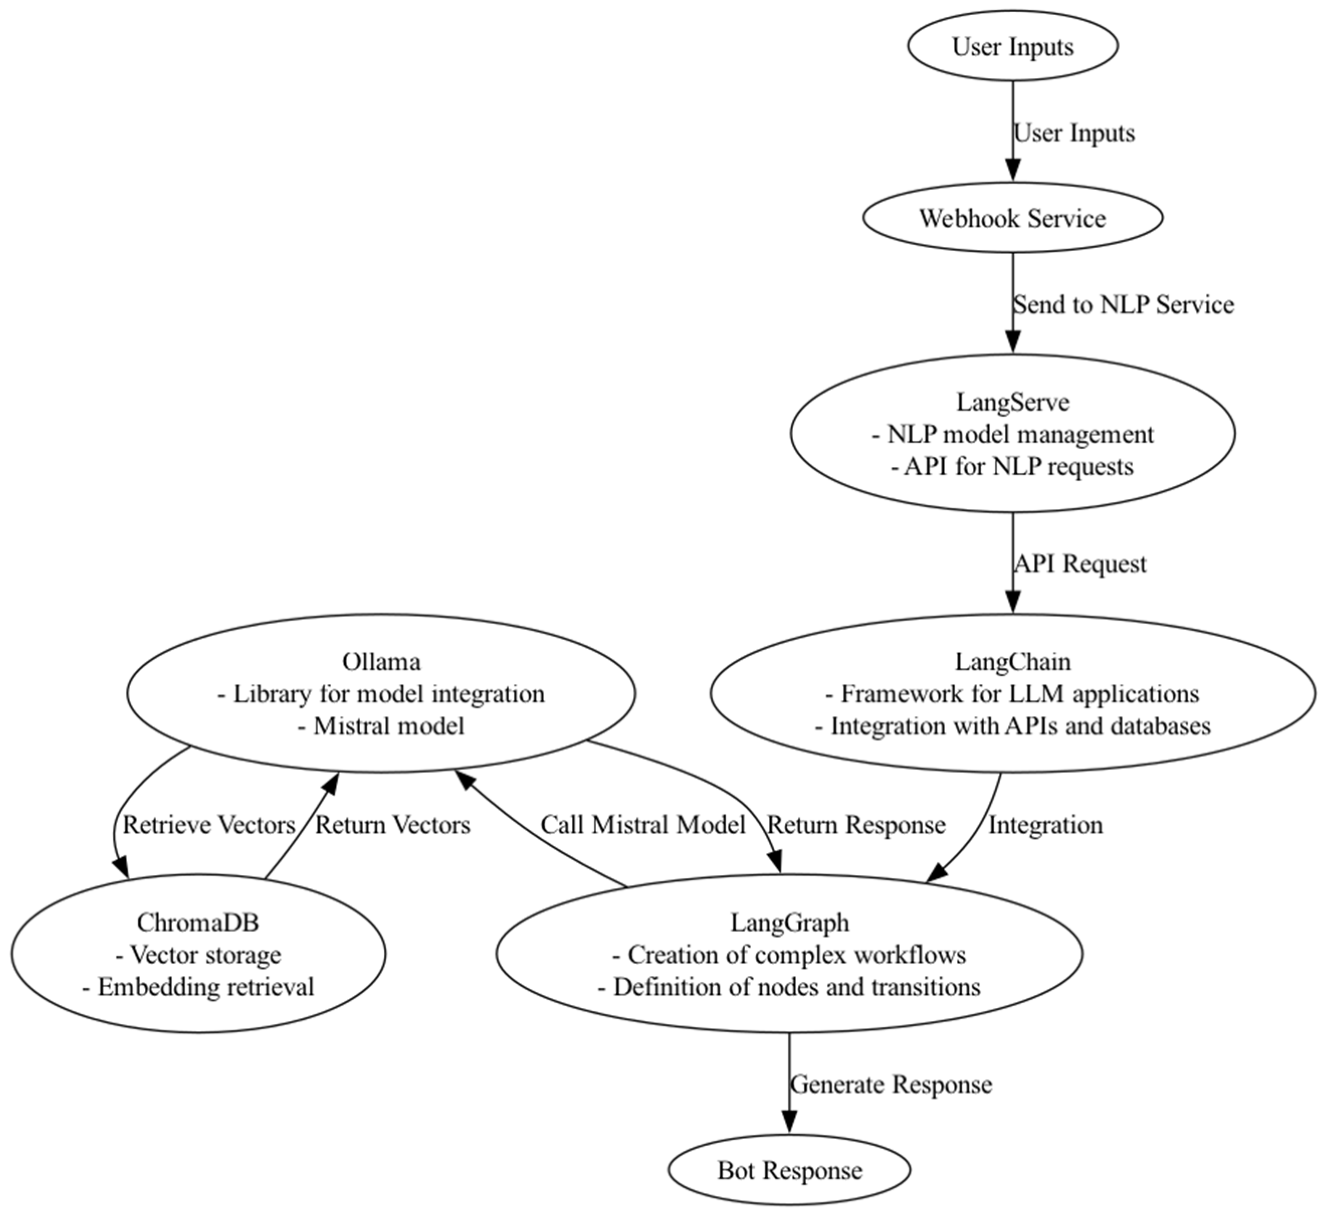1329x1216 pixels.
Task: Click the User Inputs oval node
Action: [x=1013, y=47]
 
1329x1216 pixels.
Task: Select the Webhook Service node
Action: [x=1013, y=218]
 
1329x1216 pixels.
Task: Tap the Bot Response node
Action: [x=789, y=1170]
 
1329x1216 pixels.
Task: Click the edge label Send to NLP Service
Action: [x=1123, y=305]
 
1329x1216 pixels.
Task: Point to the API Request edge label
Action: [x=1080, y=564]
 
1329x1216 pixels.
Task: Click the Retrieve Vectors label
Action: [x=209, y=825]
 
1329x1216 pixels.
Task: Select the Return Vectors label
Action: [x=393, y=825]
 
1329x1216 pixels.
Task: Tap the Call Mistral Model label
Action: [x=643, y=825]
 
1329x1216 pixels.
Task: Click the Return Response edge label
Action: [x=856, y=825]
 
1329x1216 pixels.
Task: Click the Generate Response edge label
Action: [x=891, y=1085]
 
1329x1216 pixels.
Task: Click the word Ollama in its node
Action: [x=381, y=661]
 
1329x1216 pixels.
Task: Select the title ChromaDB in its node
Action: [x=198, y=922]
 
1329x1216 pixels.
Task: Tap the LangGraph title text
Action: [x=789, y=922]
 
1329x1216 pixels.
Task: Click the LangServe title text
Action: [x=1013, y=401]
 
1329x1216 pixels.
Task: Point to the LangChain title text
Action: [x=1013, y=661]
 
